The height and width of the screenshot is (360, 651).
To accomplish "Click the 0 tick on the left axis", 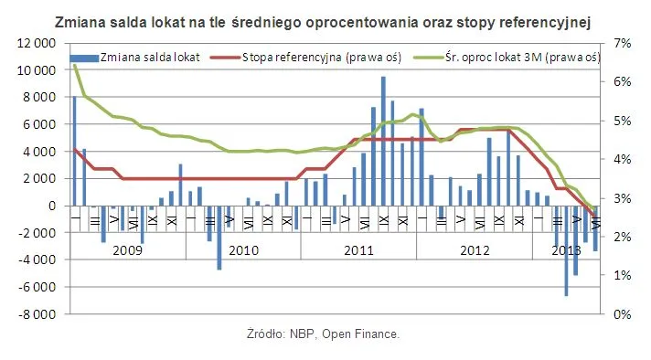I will [56, 206].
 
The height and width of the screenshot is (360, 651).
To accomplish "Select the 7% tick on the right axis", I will [623, 43].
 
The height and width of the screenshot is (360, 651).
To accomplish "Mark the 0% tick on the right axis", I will [623, 314].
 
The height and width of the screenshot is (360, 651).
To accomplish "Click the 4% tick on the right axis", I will [623, 159].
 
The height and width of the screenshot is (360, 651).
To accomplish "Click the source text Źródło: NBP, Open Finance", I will [324, 334].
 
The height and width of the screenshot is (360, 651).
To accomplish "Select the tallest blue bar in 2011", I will [383, 142].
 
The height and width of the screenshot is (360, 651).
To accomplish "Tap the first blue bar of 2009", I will [74, 151].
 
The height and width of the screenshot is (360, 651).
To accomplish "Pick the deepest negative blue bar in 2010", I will [219, 238].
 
